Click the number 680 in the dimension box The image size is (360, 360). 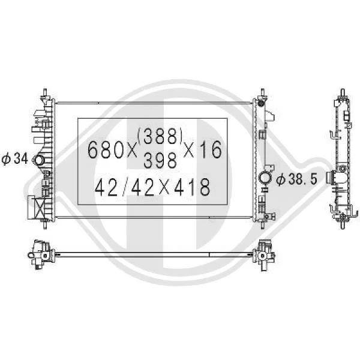click(x=106, y=149)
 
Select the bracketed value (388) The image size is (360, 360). click(x=160, y=136)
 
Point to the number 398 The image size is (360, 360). click(x=160, y=160)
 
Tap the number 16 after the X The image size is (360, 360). click(x=212, y=149)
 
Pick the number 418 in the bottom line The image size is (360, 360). click(x=192, y=187)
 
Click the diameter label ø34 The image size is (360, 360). click(x=14, y=159)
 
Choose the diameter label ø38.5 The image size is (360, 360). click(x=296, y=179)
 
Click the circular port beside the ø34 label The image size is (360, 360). click(x=39, y=160)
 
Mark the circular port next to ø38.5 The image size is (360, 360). click(x=265, y=178)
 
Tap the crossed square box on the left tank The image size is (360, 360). click(x=39, y=208)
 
